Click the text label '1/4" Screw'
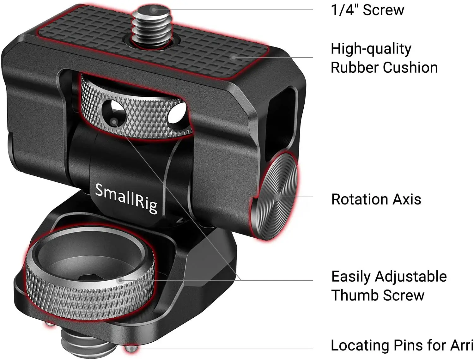coord(367,10)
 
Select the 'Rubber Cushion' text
coord(384,68)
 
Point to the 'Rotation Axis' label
coord(376,199)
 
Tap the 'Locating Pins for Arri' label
coord(402,345)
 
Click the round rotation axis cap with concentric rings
coord(276,197)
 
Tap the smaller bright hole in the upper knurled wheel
coord(177,114)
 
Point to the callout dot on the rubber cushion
coord(234,57)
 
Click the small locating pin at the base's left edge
coord(48,324)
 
